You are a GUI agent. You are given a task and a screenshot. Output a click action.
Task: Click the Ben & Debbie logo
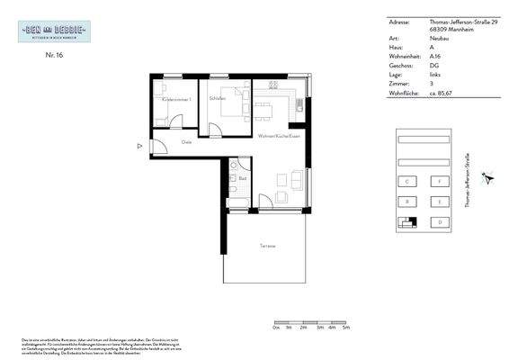53,31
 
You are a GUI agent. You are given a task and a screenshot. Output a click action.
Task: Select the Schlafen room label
217,98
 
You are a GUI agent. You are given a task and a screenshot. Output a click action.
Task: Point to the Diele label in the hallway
187,142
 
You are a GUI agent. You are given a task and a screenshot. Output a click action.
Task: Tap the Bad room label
243,178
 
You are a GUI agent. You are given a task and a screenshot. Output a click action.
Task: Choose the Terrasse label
267,246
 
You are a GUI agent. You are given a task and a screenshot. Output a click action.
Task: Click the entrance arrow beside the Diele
138,145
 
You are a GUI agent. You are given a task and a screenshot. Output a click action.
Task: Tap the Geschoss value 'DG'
434,65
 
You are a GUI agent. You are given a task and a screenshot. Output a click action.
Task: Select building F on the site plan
439,181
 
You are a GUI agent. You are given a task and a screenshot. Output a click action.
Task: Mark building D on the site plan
439,221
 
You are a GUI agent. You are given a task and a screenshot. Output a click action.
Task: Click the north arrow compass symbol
488,177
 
